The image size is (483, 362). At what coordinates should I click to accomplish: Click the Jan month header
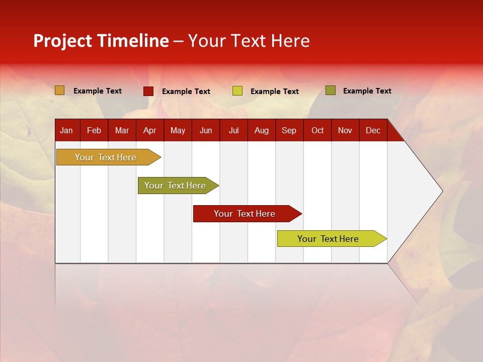point(66,131)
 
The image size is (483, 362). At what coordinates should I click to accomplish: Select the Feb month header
point(94,131)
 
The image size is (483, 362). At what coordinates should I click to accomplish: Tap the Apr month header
point(149,131)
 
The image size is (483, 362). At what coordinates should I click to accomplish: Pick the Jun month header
point(206,131)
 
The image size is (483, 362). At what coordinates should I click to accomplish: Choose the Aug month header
point(261,131)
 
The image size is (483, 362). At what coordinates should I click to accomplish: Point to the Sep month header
point(289,131)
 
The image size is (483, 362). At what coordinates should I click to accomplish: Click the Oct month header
point(317,131)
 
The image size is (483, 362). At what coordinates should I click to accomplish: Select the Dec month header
point(373,131)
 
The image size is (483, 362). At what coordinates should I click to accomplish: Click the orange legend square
point(60,90)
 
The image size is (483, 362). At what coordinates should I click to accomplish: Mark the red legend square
point(148,91)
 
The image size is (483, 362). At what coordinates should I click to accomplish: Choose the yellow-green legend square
point(237,91)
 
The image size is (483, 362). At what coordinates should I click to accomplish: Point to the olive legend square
point(331,90)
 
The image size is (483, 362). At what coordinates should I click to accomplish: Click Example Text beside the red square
point(186,92)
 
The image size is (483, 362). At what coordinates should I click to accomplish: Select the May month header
point(178,131)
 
